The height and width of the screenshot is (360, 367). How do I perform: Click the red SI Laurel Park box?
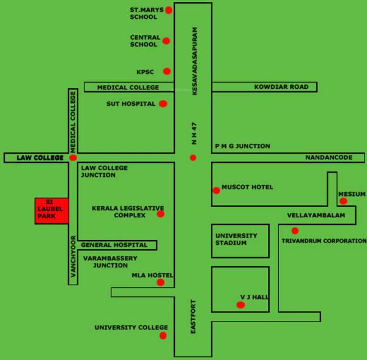[x=53, y=211]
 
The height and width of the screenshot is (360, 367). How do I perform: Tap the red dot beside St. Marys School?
[x=169, y=10]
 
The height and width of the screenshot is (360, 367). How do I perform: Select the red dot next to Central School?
[x=166, y=41]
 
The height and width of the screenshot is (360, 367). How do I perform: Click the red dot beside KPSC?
[x=166, y=72]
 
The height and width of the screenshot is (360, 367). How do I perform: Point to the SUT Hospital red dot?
[x=163, y=103]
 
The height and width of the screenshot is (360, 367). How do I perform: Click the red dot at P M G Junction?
[x=193, y=158]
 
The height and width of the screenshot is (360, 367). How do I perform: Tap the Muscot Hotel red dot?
[x=216, y=190]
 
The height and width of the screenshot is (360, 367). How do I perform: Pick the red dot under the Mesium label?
[x=343, y=201]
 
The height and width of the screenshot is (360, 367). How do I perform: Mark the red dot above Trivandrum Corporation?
[x=295, y=231]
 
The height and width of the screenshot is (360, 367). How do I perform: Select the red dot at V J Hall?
[x=240, y=304]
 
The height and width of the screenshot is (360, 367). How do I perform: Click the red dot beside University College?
[x=163, y=336]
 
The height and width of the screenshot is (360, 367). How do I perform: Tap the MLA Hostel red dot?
[x=160, y=282]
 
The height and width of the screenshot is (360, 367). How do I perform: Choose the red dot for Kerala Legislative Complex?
[x=160, y=214]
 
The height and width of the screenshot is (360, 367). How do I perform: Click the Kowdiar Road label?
[x=281, y=88]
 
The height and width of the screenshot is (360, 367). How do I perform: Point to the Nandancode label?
[x=329, y=158]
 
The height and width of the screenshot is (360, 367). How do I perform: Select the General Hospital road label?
[x=114, y=245]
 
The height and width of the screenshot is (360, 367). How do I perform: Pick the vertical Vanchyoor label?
[x=73, y=257]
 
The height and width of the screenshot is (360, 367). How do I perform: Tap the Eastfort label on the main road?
[x=193, y=316]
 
